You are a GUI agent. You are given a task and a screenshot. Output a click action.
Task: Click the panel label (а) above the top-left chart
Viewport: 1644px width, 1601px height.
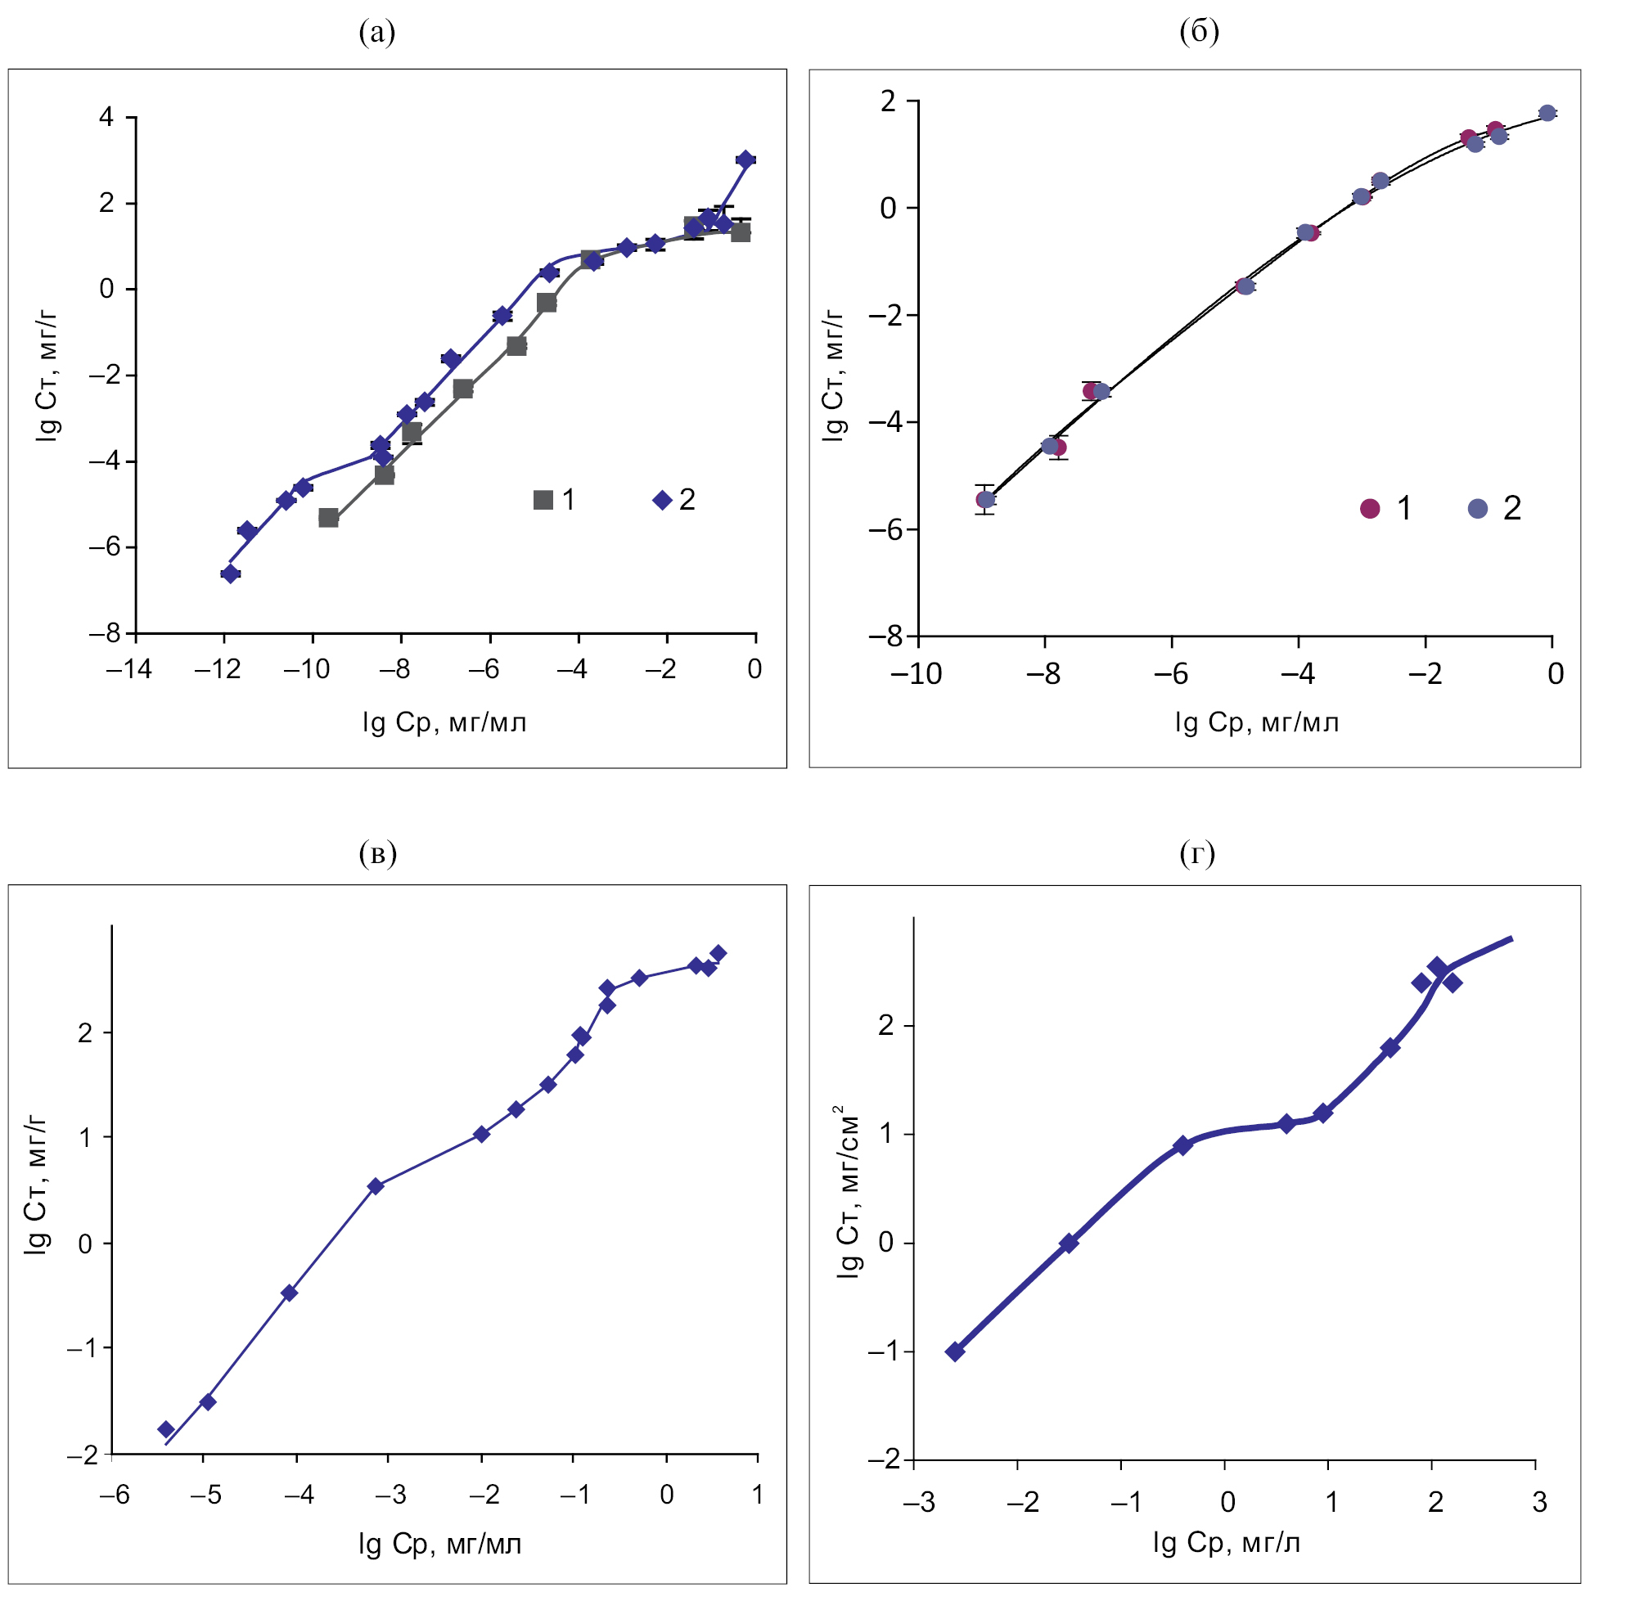(x=376, y=34)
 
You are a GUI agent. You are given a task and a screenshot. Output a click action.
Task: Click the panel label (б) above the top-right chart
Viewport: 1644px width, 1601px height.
(x=1199, y=32)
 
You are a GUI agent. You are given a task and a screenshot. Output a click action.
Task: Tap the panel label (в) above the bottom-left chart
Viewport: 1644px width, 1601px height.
(x=376, y=854)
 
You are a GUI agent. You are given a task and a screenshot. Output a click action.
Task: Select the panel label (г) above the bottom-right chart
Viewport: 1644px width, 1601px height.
(x=1197, y=854)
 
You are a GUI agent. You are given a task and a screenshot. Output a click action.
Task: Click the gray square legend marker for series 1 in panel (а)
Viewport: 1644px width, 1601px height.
(x=543, y=501)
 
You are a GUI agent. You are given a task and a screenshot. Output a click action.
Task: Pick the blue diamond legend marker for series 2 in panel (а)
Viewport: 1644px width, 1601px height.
(x=663, y=501)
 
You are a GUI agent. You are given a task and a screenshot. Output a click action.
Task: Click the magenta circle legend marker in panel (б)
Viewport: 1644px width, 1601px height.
(x=1370, y=509)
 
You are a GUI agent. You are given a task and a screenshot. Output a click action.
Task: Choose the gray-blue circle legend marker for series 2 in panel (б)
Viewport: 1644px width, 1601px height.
(x=1478, y=509)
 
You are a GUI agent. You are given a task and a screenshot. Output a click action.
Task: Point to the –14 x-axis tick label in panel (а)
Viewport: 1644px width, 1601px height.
(x=128, y=669)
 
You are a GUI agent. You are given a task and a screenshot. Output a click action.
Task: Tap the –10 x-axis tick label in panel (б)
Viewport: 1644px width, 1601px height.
(x=916, y=674)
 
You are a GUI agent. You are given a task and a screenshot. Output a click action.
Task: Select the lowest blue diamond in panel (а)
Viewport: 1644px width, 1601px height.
(x=231, y=574)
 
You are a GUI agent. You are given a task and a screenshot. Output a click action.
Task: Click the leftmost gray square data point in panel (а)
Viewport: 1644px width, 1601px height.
(x=329, y=518)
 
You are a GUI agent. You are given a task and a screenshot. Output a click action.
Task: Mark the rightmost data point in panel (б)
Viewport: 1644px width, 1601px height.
(x=1547, y=114)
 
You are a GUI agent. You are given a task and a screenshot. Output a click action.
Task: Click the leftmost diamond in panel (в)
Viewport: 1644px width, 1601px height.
(x=166, y=1429)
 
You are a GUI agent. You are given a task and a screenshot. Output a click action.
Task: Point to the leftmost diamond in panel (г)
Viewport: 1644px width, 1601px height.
(x=955, y=1352)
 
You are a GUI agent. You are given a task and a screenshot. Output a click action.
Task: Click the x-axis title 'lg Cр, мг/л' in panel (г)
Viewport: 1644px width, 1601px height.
(x=1227, y=1544)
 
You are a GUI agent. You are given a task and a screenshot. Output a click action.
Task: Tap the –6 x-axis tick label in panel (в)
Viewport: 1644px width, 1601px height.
(x=115, y=1495)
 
